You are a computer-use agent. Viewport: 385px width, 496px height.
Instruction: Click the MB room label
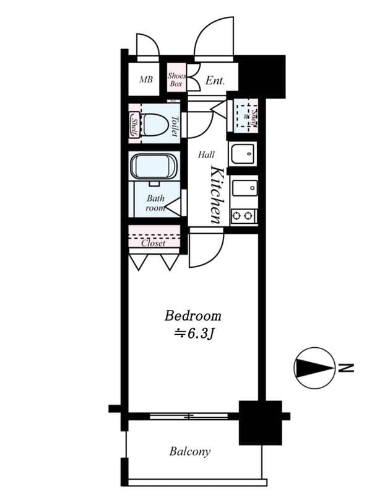coord(145,80)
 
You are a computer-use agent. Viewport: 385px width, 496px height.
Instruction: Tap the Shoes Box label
coord(176,79)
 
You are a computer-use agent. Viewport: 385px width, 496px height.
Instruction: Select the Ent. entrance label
coord(214,81)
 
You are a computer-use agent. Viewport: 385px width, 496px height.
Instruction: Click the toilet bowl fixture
coord(154,125)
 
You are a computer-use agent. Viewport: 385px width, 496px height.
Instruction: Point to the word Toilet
coord(175,126)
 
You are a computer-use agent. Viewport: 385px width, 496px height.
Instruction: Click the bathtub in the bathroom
coord(154,167)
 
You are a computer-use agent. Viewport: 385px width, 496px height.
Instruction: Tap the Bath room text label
coord(155,203)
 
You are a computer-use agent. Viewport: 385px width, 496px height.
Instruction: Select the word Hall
coord(206,155)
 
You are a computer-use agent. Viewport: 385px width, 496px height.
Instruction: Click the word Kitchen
coord(216,194)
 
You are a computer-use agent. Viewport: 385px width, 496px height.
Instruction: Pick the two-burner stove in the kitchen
coord(244,216)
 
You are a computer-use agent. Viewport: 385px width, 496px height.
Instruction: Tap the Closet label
coord(153,243)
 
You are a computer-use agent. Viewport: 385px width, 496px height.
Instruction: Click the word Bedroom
coord(192,316)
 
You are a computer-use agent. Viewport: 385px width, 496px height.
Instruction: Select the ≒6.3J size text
coord(194,334)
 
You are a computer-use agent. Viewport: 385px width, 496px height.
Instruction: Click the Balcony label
coord(189,451)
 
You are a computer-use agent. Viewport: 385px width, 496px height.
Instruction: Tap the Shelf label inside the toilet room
coord(134,126)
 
